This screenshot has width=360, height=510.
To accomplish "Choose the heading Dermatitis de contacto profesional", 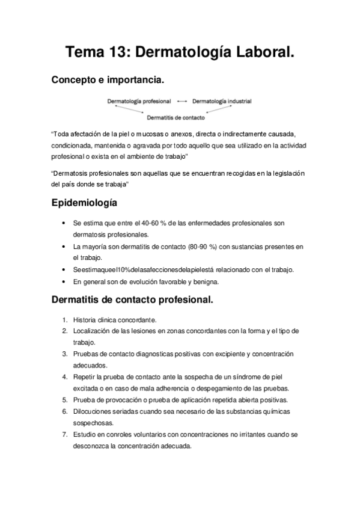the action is pyautogui.click(x=132, y=299).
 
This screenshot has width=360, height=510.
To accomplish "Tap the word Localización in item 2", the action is pyautogui.click(x=93, y=331).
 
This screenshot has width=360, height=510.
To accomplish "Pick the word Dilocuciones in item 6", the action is pyautogui.click(x=92, y=411).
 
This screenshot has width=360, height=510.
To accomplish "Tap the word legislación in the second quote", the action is pyautogui.click(x=287, y=173).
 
